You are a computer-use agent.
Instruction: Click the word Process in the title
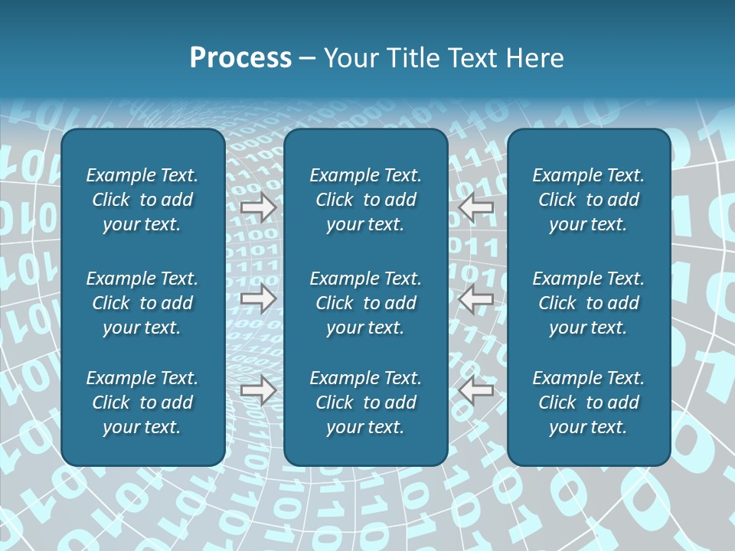click(x=240, y=58)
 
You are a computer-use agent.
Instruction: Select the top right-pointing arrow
click(x=258, y=207)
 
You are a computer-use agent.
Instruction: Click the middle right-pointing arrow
click(x=258, y=299)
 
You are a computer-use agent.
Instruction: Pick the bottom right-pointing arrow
click(x=258, y=391)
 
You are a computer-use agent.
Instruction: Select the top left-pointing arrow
click(x=476, y=207)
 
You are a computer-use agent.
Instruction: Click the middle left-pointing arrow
click(x=476, y=299)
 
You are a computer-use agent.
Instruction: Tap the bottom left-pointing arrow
click(x=476, y=391)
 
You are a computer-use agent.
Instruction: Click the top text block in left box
click(x=142, y=200)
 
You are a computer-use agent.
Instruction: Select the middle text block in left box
click(x=142, y=303)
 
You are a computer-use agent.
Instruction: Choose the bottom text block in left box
click(x=142, y=403)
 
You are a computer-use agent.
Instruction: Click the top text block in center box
click(x=365, y=200)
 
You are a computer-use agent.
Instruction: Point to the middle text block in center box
click(x=365, y=303)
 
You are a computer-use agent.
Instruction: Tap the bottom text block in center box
click(x=365, y=403)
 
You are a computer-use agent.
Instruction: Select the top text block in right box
click(x=588, y=200)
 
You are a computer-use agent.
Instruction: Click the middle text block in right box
click(x=588, y=303)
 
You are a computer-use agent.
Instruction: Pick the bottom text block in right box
click(x=588, y=403)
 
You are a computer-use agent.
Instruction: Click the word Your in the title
click(x=350, y=58)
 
